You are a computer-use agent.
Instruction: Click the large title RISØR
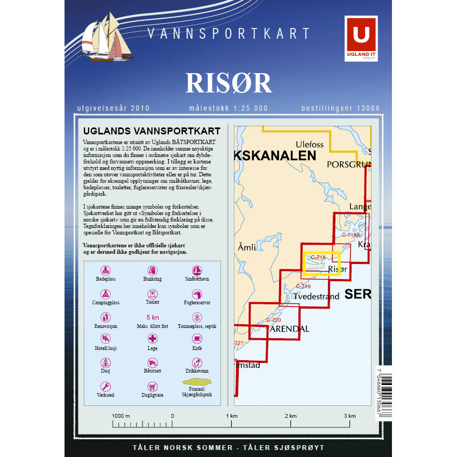coord(228,82)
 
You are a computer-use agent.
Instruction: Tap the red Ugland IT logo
coord(361,38)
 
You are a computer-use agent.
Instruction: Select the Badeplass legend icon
coord(106,270)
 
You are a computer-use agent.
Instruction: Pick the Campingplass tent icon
coord(106,294)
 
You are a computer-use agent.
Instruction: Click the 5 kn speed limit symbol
coord(153,317)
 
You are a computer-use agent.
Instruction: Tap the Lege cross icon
coord(153,339)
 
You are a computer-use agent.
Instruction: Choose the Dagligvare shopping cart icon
coord(153,386)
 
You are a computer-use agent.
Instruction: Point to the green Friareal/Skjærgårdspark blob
coord(197,383)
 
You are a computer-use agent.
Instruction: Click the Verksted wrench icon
coord(106,386)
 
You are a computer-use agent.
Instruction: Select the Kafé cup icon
coord(197,339)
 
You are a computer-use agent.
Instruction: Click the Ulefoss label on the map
coord(310,144)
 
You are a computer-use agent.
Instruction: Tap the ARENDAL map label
coord(289,329)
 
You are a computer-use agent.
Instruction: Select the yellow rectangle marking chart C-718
coord(321,264)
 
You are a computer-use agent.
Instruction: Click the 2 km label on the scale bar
coord(290,416)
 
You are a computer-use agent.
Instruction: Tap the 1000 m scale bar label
coord(121,416)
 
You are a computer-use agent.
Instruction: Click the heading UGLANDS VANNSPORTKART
coord(152,131)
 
